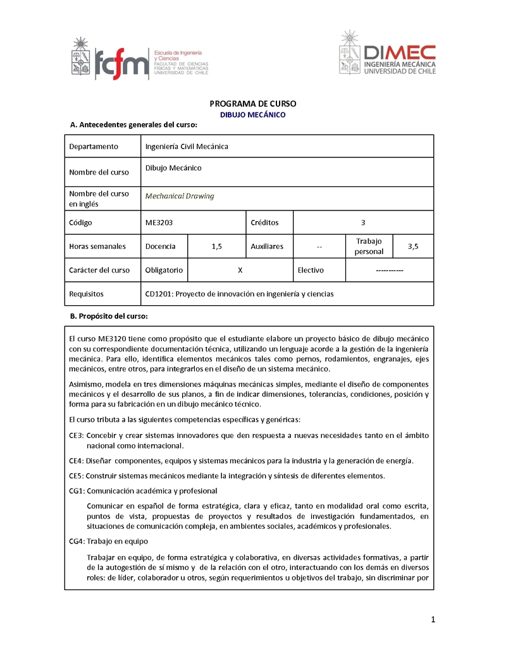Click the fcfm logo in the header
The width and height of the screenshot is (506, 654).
point(122,64)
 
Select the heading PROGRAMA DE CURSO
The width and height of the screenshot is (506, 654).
point(252,104)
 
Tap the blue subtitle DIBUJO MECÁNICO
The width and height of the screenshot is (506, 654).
point(252,115)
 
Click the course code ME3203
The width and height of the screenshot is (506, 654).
point(159,222)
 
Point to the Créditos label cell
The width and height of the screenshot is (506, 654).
point(264,222)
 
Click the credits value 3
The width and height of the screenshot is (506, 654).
point(363,222)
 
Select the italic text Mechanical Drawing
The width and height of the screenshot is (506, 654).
point(180,196)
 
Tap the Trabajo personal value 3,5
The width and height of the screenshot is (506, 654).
point(413,246)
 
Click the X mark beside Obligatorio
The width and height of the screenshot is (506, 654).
point(240,270)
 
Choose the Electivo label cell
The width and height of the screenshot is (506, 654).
point(311,270)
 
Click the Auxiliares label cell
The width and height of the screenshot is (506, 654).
point(267,246)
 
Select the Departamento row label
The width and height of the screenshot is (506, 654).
point(94,147)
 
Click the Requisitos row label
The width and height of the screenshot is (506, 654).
point(86,294)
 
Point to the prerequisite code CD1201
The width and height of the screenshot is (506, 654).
point(159,294)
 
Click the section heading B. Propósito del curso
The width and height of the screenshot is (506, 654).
point(108,315)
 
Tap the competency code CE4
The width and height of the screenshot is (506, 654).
point(76,461)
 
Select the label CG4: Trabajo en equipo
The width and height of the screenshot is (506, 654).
point(108,541)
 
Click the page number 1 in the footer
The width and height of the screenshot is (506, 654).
point(433,620)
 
